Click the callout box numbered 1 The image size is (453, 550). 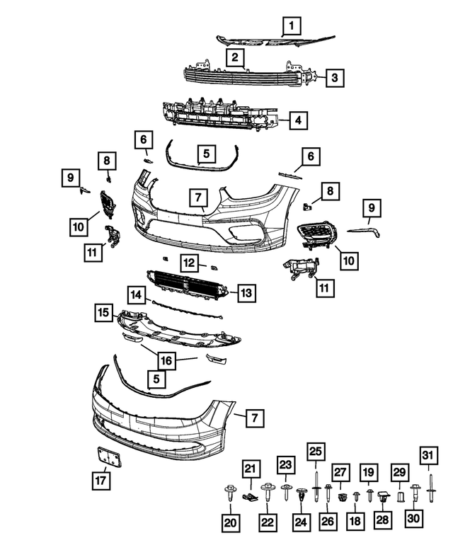[290, 27]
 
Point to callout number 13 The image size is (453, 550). [246, 292]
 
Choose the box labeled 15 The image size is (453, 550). [103, 311]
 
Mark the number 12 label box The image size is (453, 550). [188, 263]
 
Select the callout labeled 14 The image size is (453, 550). [136, 293]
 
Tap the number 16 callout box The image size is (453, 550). [166, 361]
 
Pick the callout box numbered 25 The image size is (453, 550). [316, 451]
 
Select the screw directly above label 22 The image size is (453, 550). [267, 491]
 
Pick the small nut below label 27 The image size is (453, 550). [342, 496]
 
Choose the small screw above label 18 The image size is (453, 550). [356, 496]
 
